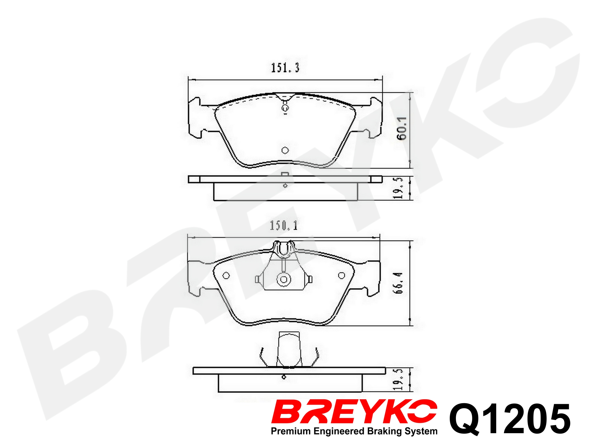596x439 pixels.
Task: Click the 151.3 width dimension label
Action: pos(285,68)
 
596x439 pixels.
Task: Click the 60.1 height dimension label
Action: pos(401,128)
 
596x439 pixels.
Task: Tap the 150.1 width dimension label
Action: pos(284,226)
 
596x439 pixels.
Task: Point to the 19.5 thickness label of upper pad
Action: pos(398,188)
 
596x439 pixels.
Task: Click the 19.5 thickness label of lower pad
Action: pos(398,379)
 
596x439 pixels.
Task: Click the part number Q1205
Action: pos(510,419)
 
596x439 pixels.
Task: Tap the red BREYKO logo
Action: pos(354,411)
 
